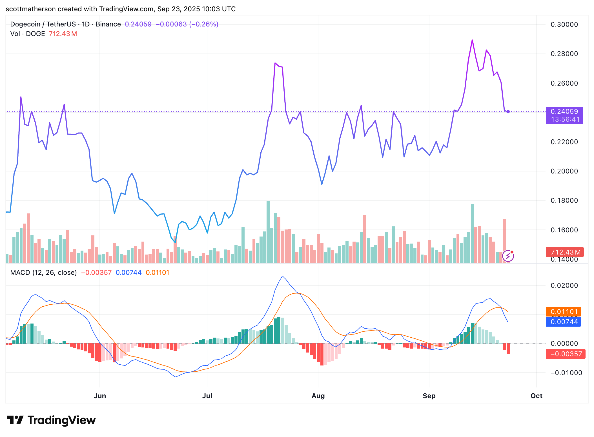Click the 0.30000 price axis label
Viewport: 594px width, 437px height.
tap(564, 24)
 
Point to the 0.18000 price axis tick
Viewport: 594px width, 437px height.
tap(564, 200)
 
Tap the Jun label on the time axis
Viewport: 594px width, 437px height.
tap(100, 396)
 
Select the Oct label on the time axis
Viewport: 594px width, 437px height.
tap(536, 396)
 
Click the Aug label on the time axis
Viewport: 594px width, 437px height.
tap(318, 396)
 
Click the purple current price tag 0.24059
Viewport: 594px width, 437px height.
tap(564, 112)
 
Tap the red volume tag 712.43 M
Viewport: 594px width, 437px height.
tap(565, 252)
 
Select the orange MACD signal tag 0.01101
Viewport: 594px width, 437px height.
tap(564, 312)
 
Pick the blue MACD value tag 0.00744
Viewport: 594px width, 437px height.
tap(564, 322)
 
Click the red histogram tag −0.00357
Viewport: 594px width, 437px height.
tap(566, 354)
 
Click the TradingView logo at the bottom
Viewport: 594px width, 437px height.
tap(51, 420)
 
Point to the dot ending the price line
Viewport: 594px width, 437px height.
tap(508, 112)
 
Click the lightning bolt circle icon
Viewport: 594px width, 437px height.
tap(508, 256)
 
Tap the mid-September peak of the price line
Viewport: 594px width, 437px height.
tap(472, 40)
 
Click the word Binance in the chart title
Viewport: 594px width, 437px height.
tap(108, 24)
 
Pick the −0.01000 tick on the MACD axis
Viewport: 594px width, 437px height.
tap(566, 373)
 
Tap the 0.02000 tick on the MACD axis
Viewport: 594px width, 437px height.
tap(564, 286)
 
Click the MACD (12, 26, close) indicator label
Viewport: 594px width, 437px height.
tap(43, 273)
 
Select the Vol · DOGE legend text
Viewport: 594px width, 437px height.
tap(28, 34)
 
